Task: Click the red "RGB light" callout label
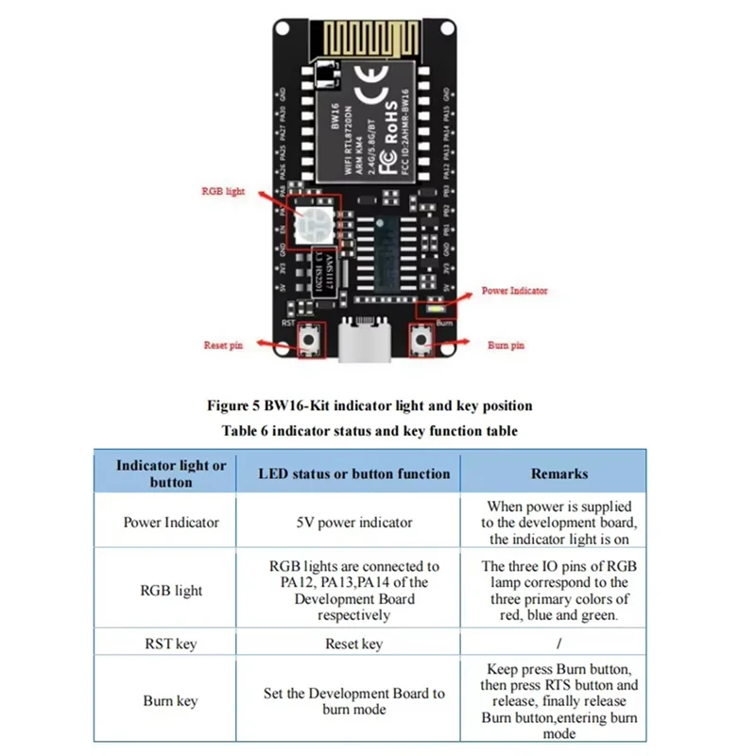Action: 223,191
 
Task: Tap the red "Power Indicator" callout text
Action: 514,291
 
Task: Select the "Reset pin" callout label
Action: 223,346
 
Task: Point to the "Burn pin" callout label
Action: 506,346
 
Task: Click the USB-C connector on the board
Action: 365,342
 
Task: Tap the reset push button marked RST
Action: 309,341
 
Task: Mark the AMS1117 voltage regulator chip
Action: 320,273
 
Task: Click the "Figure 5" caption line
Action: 369,405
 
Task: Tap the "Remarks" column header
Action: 558,473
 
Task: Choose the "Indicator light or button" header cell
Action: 171,473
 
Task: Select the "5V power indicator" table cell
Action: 354,523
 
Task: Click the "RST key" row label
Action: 171,644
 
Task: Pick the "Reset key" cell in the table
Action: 354,644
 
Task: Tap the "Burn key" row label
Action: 171,700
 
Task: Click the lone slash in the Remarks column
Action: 558,644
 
